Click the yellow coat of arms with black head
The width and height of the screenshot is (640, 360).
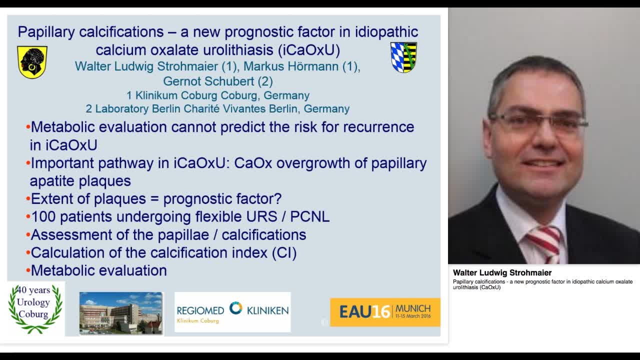coord(32,62)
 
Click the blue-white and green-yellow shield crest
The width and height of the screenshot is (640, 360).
coord(403,57)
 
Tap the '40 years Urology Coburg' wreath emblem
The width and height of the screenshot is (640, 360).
coord(35,308)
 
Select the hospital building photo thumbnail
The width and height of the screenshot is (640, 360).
coord(121,313)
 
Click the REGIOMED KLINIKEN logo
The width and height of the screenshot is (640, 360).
coord(232,312)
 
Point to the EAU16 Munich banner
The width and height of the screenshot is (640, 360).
coord(385,312)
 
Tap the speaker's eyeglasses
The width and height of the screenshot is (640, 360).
coord(537,122)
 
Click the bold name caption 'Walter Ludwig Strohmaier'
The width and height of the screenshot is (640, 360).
coord(502,273)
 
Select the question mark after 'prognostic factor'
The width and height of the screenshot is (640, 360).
coord(277,198)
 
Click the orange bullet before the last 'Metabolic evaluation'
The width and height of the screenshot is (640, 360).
coord(28,271)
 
